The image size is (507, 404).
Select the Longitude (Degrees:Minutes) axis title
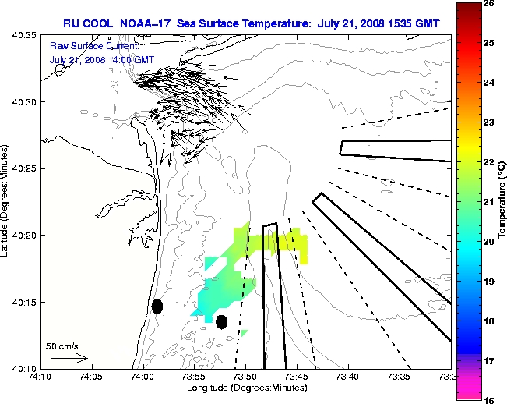coord(245,388)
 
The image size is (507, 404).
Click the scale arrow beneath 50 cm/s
coord(69,358)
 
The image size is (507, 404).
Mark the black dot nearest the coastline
coord(157,306)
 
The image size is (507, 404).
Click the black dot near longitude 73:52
coord(221,321)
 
